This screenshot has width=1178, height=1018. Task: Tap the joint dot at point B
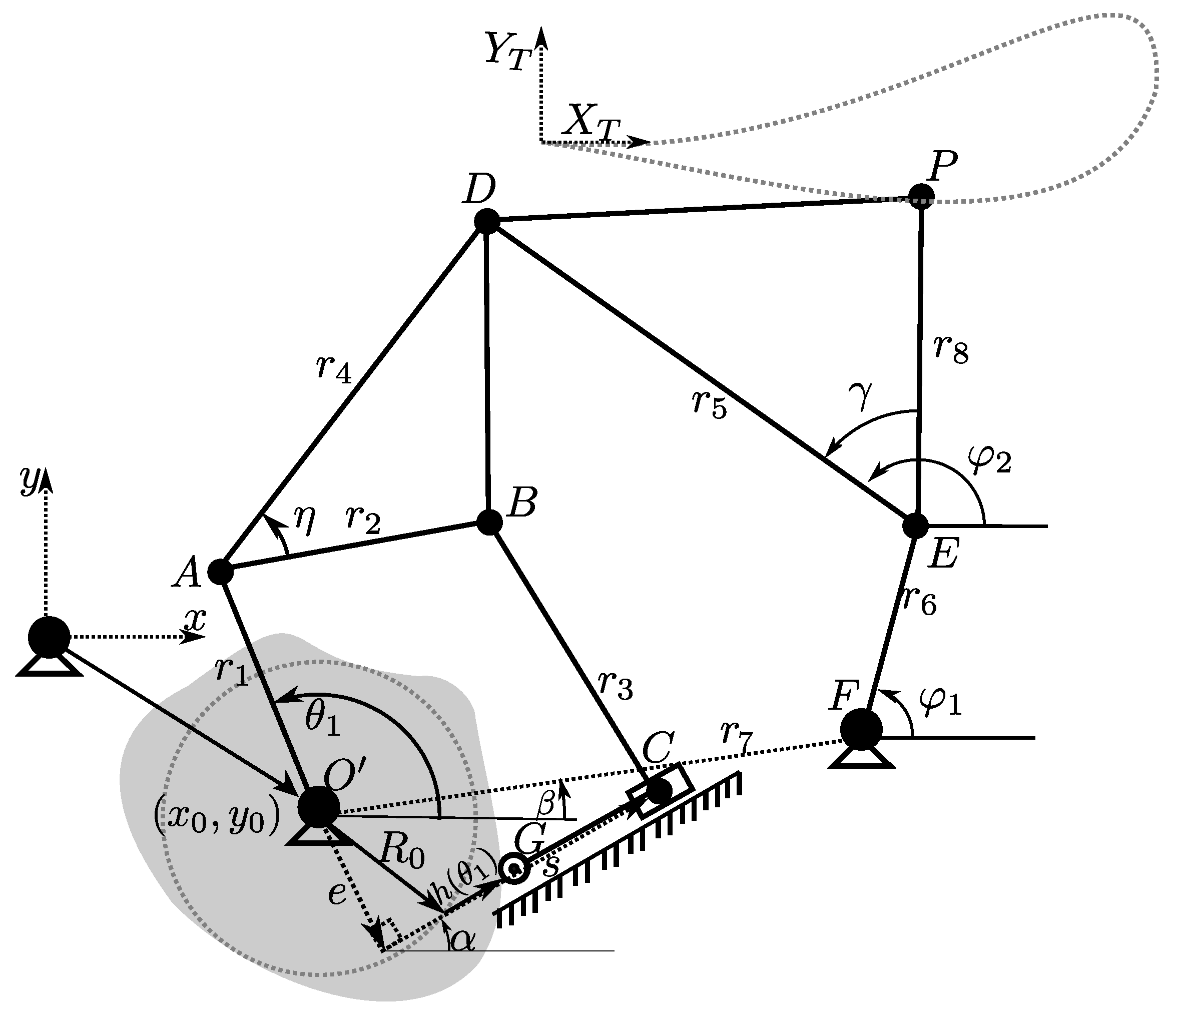[x=489, y=522]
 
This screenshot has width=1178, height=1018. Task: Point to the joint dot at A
[x=221, y=571]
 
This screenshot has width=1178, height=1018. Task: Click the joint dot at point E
[x=915, y=526]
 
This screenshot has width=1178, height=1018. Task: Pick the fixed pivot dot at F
[x=861, y=729]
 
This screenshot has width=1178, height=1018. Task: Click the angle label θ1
[x=323, y=721]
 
